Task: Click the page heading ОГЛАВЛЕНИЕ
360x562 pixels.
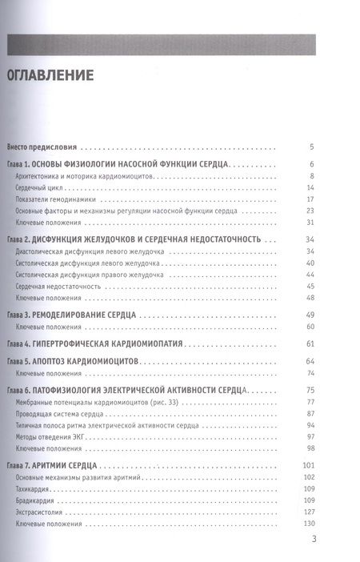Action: (x=50, y=77)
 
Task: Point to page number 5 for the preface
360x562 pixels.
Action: (x=312, y=147)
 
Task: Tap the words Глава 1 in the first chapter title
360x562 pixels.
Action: (x=22, y=164)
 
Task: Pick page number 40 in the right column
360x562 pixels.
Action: (x=310, y=263)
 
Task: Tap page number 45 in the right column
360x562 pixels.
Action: (x=310, y=285)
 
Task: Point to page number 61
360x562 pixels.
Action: (x=310, y=344)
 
